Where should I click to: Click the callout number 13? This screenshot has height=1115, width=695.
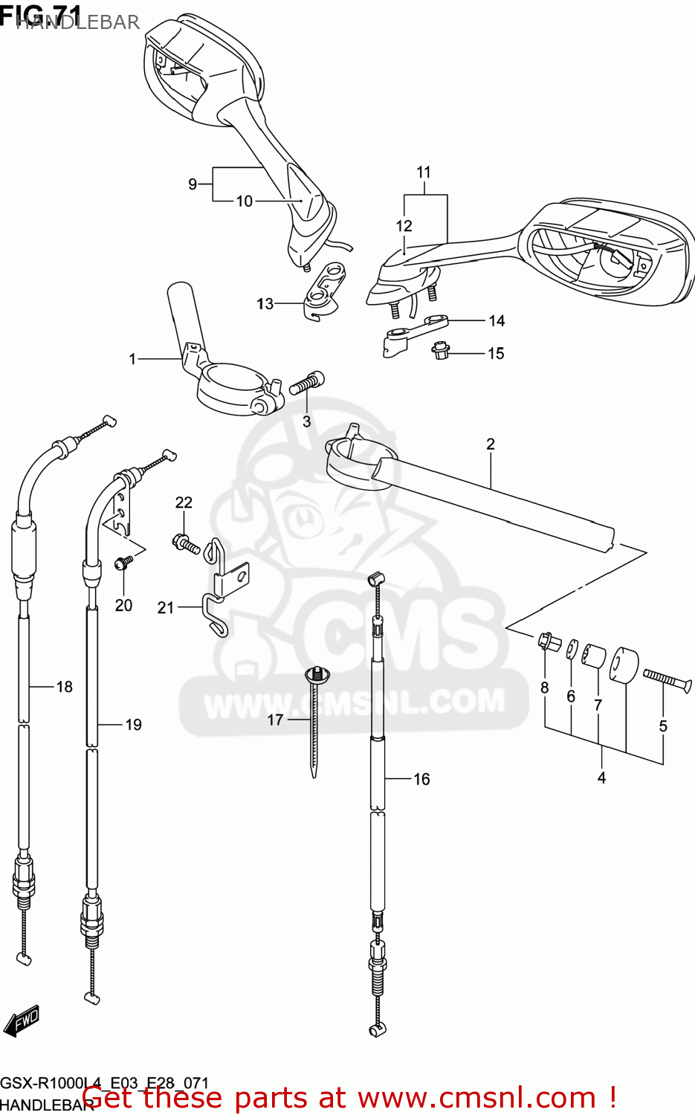[265, 304]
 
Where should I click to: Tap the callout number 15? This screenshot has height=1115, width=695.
[496, 354]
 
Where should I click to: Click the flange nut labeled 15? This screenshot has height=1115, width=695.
[440, 350]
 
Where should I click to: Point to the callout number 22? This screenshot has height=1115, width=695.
[184, 503]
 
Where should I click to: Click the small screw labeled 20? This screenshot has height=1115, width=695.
[123, 563]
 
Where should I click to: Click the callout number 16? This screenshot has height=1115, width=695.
[421, 779]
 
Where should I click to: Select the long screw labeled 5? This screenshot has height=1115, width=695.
[667, 679]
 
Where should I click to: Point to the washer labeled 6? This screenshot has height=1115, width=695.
[572, 649]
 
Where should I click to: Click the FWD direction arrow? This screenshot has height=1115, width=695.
[21, 1021]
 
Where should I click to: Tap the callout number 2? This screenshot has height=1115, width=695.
[490, 445]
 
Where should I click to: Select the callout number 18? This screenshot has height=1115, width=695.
[65, 687]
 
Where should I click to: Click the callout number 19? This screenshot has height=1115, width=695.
[133, 725]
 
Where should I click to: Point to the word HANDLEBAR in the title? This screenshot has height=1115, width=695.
[77, 22]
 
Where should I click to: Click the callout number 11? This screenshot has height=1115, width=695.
[423, 172]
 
